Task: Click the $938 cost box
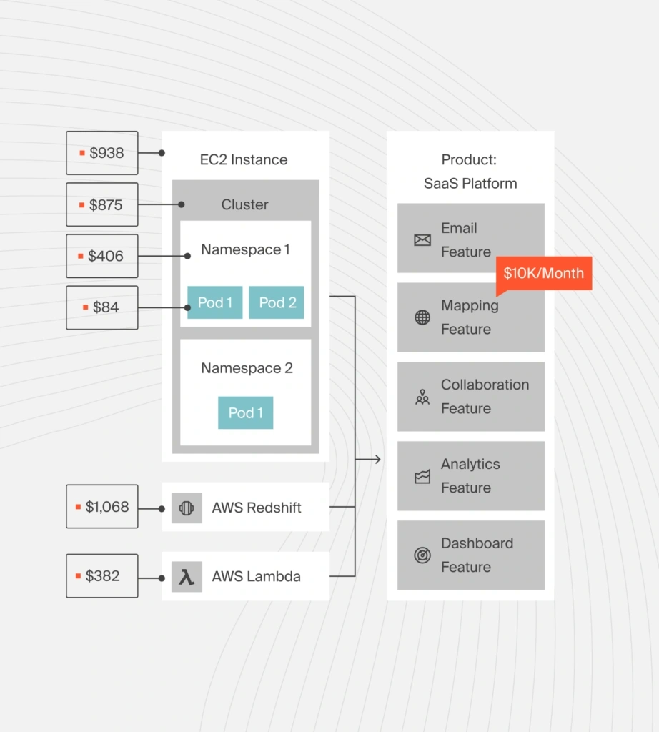click(102, 153)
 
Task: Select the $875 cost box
click(102, 204)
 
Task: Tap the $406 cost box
click(102, 256)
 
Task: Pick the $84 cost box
click(102, 307)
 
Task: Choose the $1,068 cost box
click(102, 507)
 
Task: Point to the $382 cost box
click(102, 576)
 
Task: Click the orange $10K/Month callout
click(543, 273)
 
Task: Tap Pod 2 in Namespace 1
click(277, 302)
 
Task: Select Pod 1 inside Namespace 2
click(245, 413)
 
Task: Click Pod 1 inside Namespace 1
click(214, 302)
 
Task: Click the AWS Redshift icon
click(187, 508)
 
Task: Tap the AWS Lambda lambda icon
click(187, 577)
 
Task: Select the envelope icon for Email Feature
click(422, 240)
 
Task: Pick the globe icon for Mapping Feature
click(422, 317)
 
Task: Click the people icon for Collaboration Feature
click(422, 397)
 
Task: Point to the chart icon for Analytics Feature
click(422, 477)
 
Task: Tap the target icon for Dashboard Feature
click(422, 555)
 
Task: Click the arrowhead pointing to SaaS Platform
click(377, 459)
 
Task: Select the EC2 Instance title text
click(244, 159)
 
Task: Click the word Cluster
click(244, 204)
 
